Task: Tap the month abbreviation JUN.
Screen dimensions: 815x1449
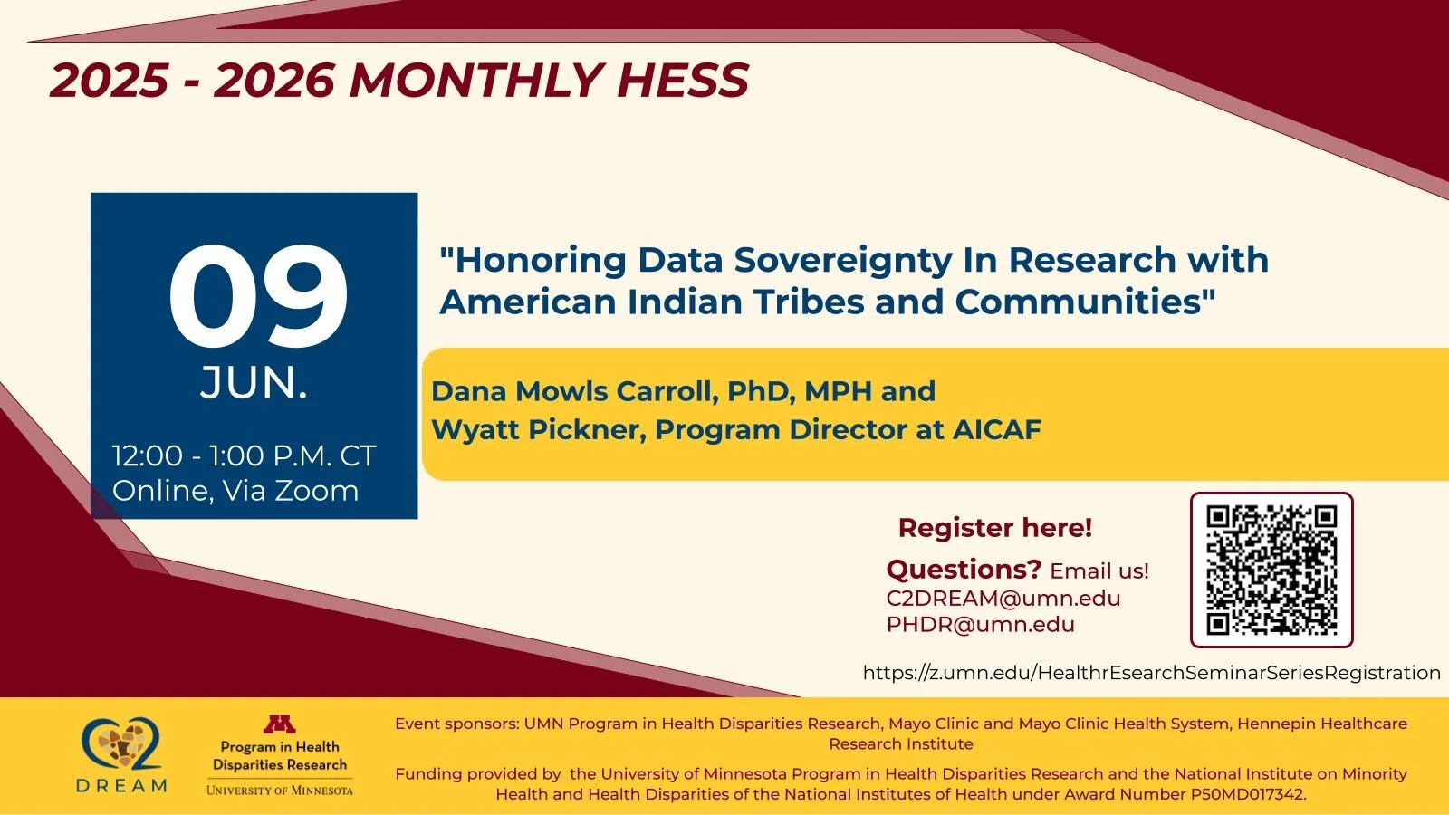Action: pyautogui.click(x=254, y=383)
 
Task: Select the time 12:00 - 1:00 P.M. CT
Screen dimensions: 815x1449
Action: pyautogui.click(x=244, y=455)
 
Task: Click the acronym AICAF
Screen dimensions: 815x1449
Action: pyautogui.click(x=996, y=429)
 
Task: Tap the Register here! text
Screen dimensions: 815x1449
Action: pyautogui.click(x=994, y=528)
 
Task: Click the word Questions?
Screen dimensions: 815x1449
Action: pyautogui.click(x=964, y=570)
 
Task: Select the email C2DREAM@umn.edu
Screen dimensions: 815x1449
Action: pyautogui.click(x=1003, y=599)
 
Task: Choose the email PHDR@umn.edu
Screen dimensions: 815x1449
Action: pyautogui.click(x=980, y=625)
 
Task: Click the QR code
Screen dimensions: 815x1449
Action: pyautogui.click(x=1271, y=570)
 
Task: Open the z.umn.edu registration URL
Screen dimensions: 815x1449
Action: pyautogui.click(x=1151, y=673)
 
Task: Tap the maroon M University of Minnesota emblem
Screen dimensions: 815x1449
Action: pyautogui.click(x=279, y=724)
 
